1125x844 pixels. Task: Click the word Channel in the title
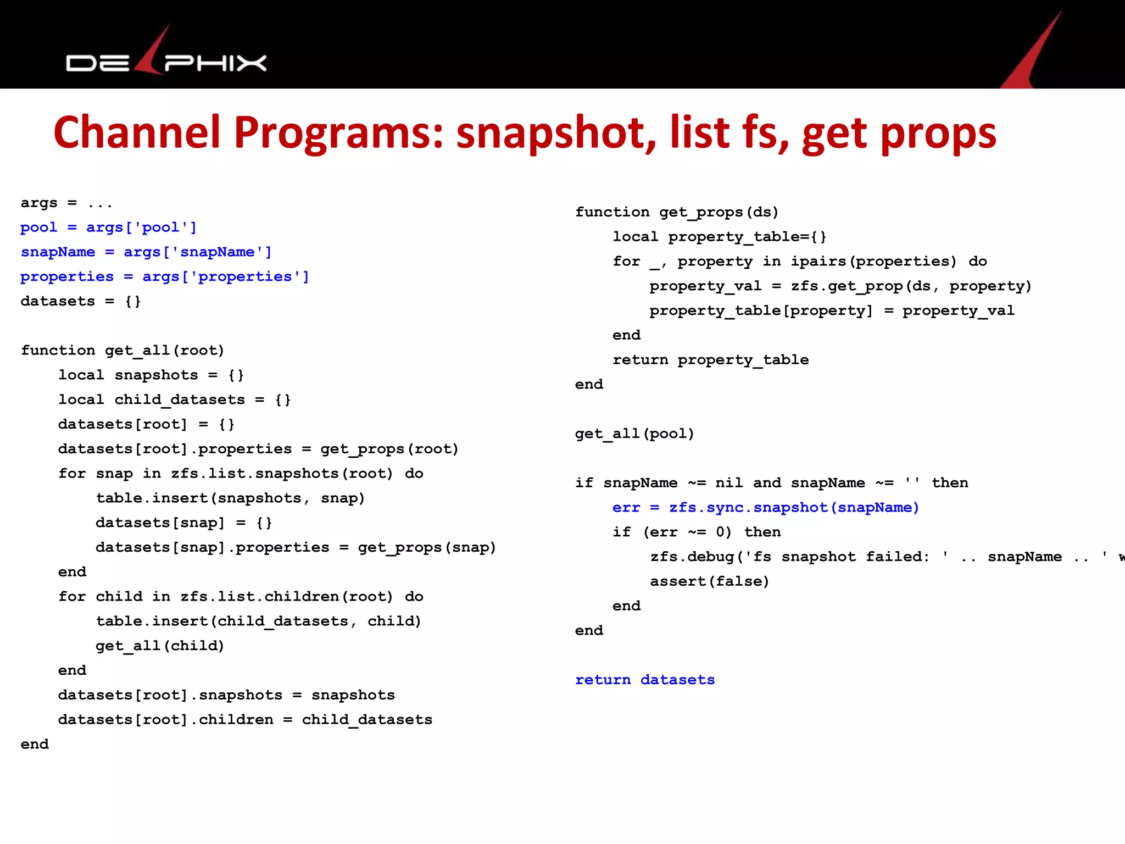(x=137, y=133)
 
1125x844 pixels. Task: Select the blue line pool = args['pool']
(x=108, y=227)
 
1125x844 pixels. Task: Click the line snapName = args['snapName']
(x=146, y=252)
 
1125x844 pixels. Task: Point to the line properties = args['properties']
(x=165, y=277)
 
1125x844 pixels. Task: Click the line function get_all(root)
(x=122, y=351)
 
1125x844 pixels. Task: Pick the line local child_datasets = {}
(x=175, y=399)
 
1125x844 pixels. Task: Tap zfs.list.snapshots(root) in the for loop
(x=282, y=474)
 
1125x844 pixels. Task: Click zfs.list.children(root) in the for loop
(x=287, y=597)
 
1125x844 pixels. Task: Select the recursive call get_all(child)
(x=160, y=646)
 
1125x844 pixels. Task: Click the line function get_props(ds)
(x=677, y=212)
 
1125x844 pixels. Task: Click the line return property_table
(x=710, y=360)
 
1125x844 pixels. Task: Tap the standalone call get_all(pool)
(x=634, y=434)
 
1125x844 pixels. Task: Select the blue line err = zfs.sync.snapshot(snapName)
(x=766, y=508)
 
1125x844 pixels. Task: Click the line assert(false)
(x=710, y=581)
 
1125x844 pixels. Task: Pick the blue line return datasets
(x=645, y=680)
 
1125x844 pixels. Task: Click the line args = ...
(x=66, y=203)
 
